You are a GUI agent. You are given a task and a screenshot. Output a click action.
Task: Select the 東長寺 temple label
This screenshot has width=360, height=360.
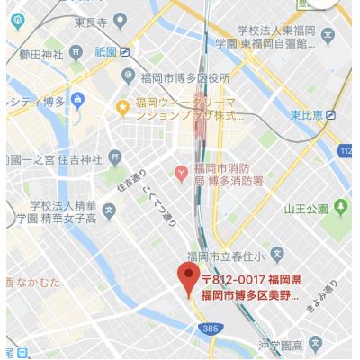pos(91,22)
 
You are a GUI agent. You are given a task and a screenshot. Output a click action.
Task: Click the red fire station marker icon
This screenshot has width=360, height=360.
pos(182,171)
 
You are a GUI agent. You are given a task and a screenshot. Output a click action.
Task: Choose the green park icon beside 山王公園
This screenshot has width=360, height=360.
pos(340,208)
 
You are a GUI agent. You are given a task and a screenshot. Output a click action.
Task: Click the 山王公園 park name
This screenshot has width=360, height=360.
pos(306,209)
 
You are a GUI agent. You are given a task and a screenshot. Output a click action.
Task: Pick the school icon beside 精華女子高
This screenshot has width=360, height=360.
pos(109,212)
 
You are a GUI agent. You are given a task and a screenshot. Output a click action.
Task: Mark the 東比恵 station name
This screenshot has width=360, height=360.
pos(305,115)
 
